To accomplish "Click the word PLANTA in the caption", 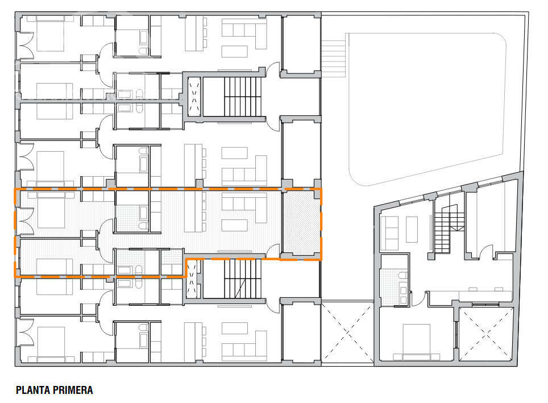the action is coord(34,390).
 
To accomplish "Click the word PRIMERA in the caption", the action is coord(73,390).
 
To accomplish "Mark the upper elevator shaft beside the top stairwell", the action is coord(194,97).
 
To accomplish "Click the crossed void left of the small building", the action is coord(347,333).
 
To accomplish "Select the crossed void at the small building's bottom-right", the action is coord(486,334).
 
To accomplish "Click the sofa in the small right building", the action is coord(389,233).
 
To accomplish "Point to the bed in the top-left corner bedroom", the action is coord(51,34).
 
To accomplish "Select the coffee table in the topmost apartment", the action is coord(235,51).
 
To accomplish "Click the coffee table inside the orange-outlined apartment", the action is coord(235,226).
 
